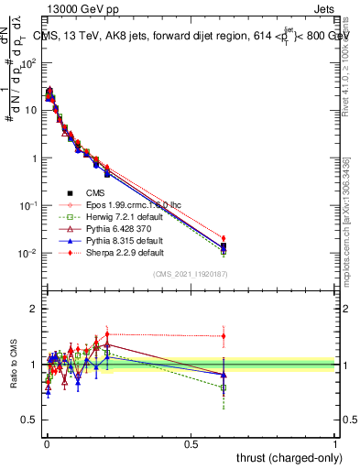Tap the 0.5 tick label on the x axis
[191, 443]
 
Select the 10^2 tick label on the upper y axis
[29, 63]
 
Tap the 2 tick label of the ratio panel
[35, 309]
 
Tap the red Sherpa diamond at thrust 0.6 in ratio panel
[224, 336]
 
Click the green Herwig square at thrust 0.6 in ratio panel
[224, 387]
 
